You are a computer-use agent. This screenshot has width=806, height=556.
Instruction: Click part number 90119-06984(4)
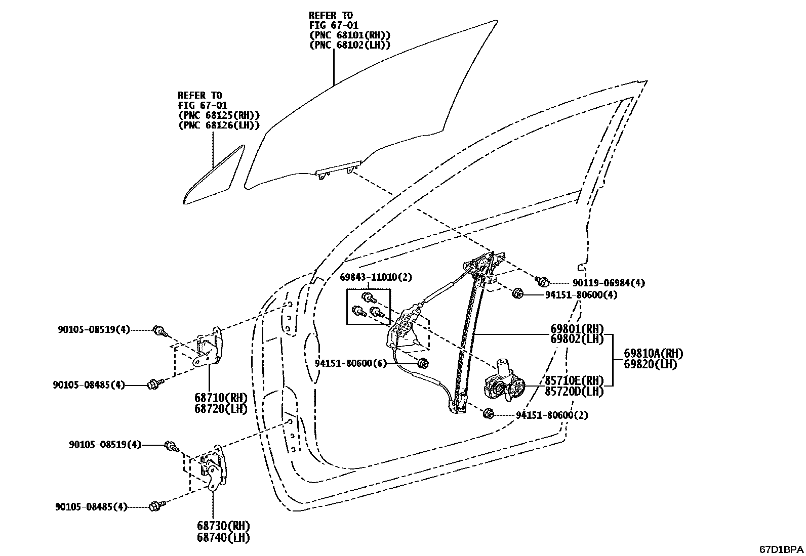coord(601,283)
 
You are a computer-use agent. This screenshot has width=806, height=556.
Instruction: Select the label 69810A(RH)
coord(650,353)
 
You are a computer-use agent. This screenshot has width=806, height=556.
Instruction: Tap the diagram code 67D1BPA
coord(780,549)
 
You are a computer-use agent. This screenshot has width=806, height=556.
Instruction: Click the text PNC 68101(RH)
coord(349,35)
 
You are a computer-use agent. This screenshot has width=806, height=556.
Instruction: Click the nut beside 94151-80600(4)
coord(517,293)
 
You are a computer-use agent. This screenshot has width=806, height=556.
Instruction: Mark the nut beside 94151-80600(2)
coord(489,413)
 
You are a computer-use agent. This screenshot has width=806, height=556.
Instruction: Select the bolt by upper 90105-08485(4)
coord(153,384)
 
